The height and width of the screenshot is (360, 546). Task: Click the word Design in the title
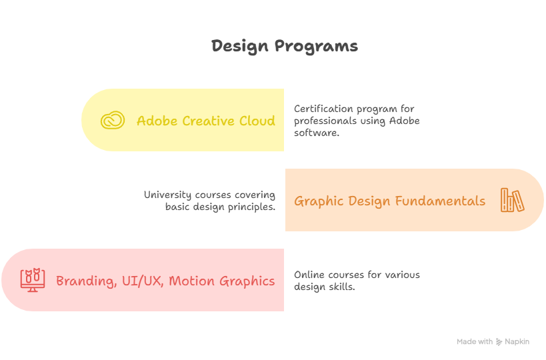pos(240,46)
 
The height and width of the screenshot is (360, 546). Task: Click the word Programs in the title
pos(316,46)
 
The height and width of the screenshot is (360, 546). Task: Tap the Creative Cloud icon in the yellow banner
pos(113,120)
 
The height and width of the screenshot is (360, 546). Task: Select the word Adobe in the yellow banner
pos(157,121)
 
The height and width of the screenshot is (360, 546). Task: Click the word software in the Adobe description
pos(316,133)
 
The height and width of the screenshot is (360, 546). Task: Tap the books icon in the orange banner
pos(512,200)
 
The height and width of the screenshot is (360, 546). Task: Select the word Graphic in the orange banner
pos(319,201)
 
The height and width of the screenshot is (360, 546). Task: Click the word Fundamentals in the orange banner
pos(440,201)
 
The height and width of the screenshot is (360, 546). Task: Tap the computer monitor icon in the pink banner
pos(33,280)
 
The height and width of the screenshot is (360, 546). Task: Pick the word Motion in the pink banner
pos(191,281)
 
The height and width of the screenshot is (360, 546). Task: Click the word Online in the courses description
pos(309,275)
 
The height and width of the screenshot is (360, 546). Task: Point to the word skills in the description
pos(343,287)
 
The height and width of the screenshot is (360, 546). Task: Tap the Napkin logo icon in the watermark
pos(499,342)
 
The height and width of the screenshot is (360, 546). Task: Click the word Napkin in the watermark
pos(517,342)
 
